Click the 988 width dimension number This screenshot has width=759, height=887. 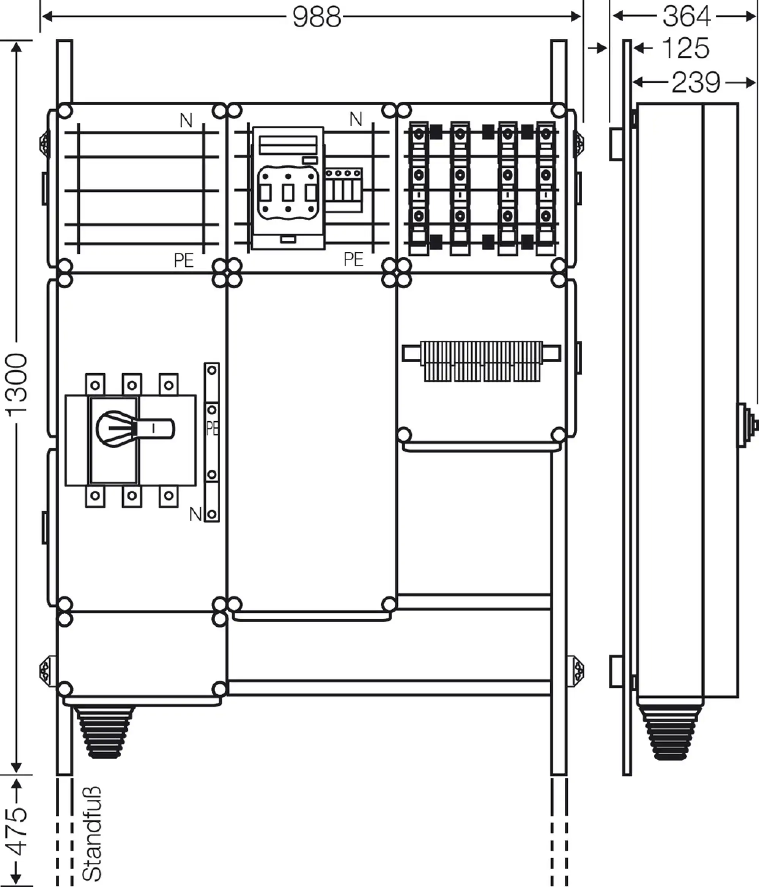click(317, 17)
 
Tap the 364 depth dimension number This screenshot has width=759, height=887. click(687, 17)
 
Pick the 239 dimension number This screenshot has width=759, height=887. click(696, 83)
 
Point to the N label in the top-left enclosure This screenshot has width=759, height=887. click(186, 121)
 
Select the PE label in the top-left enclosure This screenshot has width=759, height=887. click(184, 260)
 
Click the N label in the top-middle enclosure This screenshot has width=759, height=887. click(356, 120)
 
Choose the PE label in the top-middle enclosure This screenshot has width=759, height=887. click(354, 259)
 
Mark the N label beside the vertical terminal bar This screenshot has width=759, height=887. click(195, 514)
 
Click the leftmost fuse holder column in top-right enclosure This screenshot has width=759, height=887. click(419, 188)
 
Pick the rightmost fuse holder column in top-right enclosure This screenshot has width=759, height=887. click(545, 188)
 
